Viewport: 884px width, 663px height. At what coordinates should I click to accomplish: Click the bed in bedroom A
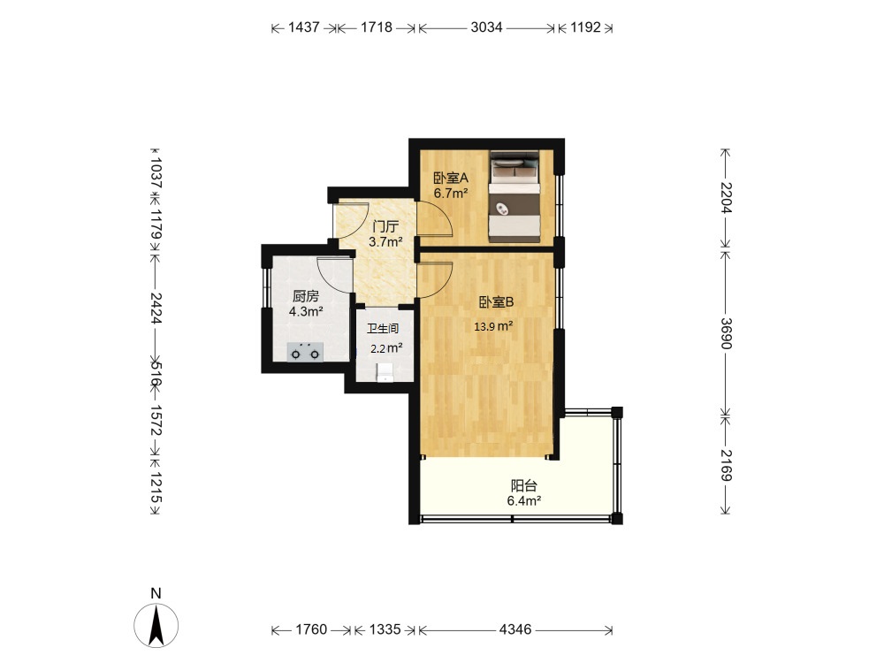pyautogui.click(x=514, y=196)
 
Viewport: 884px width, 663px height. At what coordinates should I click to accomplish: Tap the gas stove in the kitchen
pyautogui.click(x=305, y=352)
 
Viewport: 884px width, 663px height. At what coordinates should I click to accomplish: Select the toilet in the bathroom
pyautogui.click(x=385, y=372)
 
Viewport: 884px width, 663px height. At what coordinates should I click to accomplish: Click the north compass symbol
pyautogui.click(x=156, y=624)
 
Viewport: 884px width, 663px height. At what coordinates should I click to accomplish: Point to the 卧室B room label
pyautogui.click(x=496, y=302)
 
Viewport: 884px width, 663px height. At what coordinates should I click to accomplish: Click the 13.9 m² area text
pyautogui.click(x=493, y=326)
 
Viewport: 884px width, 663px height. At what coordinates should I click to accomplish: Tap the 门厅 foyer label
pyautogui.click(x=385, y=227)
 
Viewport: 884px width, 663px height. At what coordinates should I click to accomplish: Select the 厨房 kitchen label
pyautogui.click(x=306, y=296)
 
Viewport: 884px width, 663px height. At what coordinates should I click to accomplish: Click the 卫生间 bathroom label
pyautogui.click(x=383, y=328)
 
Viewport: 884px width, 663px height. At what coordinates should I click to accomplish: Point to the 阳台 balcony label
pyautogui.click(x=523, y=485)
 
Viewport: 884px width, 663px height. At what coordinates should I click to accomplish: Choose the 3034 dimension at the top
pyautogui.click(x=486, y=27)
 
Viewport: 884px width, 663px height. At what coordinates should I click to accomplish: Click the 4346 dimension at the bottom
pyautogui.click(x=515, y=629)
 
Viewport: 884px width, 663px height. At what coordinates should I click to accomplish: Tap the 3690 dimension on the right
pyautogui.click(x=726, y=334)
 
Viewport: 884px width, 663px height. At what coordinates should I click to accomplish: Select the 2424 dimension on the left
pyautogui.click(x=156, y=308)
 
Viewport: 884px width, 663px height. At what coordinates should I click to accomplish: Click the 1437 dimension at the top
pyautogui.click(x=304, y=27)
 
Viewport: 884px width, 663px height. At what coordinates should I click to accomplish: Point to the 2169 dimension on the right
pyautogui.click(x=726, y=465)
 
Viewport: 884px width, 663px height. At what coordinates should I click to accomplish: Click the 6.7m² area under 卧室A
pyautogui.click(x=451, y=194)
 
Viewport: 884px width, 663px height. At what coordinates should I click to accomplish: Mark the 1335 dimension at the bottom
pyautogui.click(x=385, y=629)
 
